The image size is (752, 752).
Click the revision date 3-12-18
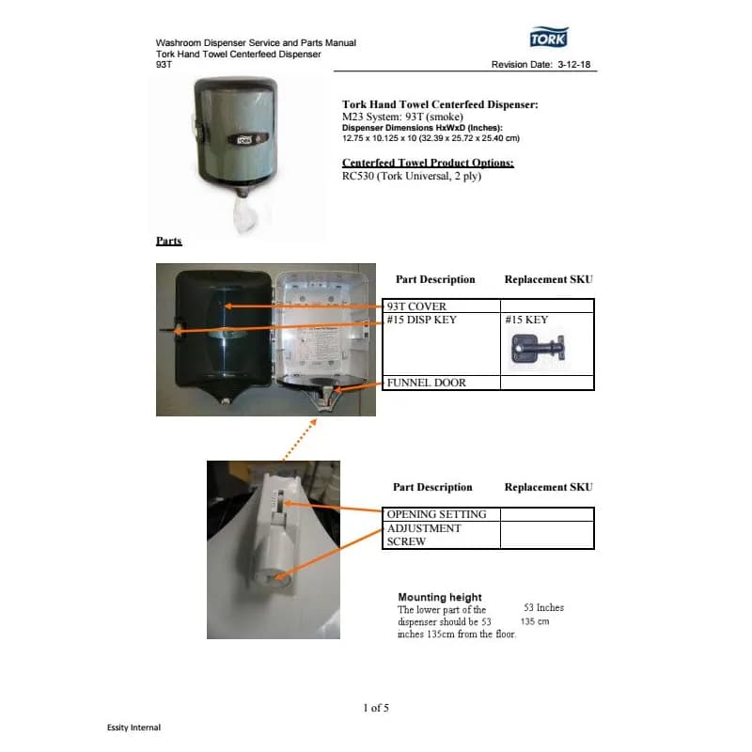point(571,65)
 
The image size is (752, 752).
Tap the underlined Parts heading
point(168,242)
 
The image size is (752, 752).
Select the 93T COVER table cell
point(416,306)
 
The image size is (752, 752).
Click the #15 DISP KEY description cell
point(421,320)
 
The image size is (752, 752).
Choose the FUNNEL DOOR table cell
point(427,383)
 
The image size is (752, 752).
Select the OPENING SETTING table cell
point(436,514)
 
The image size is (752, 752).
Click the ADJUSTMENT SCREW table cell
point(424,535)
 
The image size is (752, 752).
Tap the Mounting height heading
point(439,597)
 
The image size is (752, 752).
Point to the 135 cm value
point(534,621)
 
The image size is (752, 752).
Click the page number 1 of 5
point(376,707)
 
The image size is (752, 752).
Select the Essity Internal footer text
point(133,728)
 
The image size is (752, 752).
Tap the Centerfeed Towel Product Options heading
point(428,163)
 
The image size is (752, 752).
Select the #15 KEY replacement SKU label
point(526,320)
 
